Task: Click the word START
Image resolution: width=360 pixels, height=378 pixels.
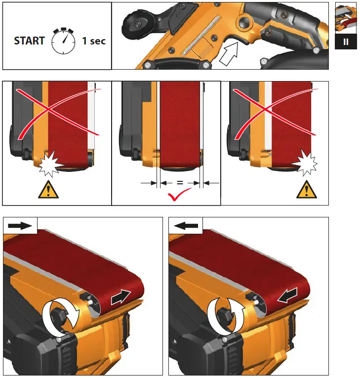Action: click(x=30, y=41)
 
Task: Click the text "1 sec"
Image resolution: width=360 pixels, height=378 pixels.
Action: click(x=94, y=41)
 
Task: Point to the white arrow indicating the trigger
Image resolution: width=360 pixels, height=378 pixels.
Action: click(x=232, y=53)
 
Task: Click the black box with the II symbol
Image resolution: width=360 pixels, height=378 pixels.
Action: click(x=346, y=42)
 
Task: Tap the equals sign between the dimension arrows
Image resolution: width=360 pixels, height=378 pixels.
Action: click(x=180, y=183)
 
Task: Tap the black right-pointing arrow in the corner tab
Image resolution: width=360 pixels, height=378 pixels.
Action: click(x=20, y=226)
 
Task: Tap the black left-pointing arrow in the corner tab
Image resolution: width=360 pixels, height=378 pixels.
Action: click(x=186, y=226)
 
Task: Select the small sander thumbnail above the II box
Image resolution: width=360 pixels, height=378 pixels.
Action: click(x=346, y=18)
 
